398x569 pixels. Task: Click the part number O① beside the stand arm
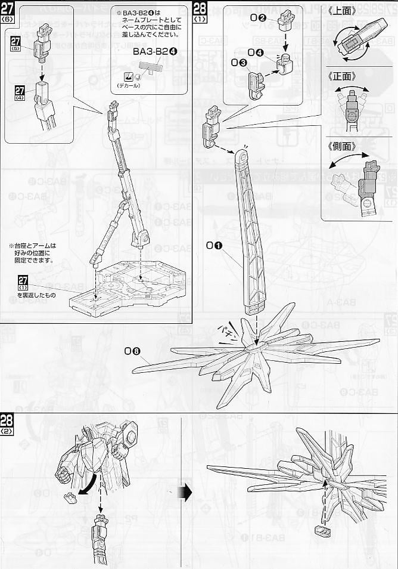[x=215, y=245]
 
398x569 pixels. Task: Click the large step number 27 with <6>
[x=8, y=11]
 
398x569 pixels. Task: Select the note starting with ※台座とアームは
[x=33, y=252]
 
